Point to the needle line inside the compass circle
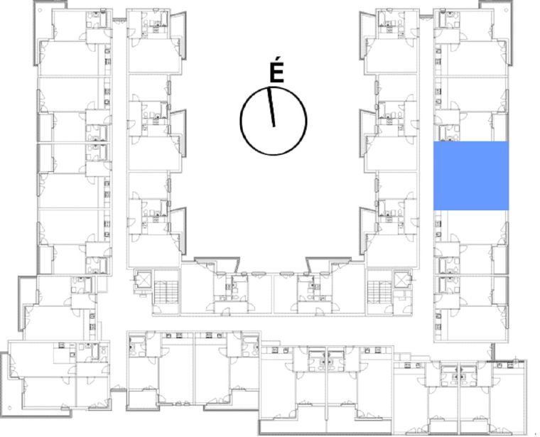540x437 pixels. click(x=271, y=107)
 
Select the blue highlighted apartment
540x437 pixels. click(x=471, y=176)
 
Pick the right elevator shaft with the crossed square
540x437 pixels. click(x=401, y=280)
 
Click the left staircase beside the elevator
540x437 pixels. click(x=166, y=291)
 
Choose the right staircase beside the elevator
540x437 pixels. click(x=379, y=291)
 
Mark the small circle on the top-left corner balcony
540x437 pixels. click(x=40, y=10)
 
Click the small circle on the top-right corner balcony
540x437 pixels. click(x=507, y=10)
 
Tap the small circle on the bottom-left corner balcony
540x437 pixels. click(x=10, y=408)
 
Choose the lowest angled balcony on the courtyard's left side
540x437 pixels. click(x=178, y=232)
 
